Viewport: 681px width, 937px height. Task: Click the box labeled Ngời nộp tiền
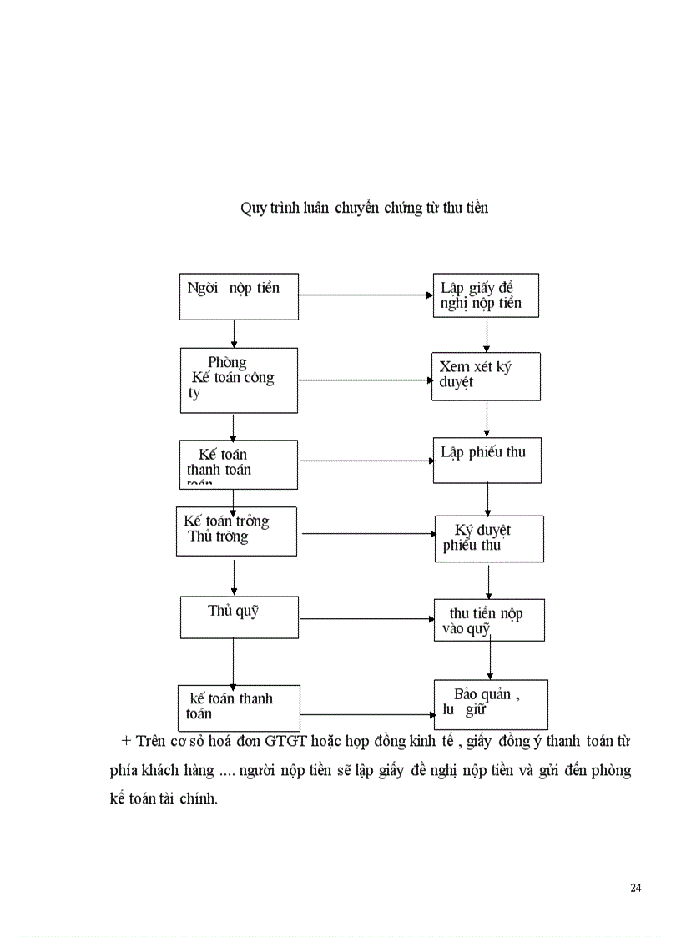239,296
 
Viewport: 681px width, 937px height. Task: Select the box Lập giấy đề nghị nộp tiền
485,295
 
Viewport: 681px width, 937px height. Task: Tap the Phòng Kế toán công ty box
239,380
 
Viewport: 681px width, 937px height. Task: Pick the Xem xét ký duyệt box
486,377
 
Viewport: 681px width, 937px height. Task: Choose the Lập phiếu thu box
487,460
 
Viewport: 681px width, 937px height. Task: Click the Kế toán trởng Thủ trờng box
236,531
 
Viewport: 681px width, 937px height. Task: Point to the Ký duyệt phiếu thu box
489,538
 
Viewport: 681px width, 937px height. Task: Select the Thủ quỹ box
240,617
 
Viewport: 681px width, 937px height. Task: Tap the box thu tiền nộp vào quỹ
489,620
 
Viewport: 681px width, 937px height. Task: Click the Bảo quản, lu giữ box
491,704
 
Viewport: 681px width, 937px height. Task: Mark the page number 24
636,887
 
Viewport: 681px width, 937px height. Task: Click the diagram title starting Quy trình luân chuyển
364,208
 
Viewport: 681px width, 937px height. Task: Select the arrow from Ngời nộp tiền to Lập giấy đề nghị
365,295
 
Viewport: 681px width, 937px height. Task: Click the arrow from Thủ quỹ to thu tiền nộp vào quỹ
366,619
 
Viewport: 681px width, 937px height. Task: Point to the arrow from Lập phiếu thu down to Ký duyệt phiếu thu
487,499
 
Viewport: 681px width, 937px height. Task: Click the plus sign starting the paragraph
127,741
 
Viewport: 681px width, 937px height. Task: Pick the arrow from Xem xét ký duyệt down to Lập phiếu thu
487,419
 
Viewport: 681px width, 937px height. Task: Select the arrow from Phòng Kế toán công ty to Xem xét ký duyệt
364,380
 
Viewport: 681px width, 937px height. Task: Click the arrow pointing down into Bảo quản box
489,660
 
